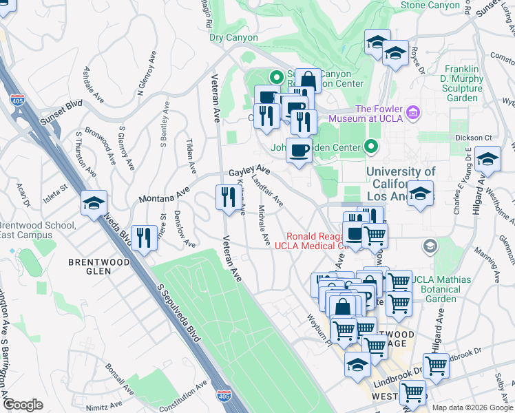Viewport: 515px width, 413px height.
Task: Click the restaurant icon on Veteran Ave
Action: [227, 198]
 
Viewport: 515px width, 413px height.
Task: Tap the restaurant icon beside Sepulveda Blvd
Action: [143, 238]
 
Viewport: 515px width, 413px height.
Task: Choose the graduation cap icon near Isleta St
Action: [94, 202]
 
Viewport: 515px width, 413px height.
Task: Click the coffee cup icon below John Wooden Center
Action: [299, 150]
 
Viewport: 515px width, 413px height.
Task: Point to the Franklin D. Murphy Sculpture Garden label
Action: [452, 83]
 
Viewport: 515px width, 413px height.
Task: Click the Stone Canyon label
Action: [430, 6]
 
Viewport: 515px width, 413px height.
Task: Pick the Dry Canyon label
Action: [234, 38]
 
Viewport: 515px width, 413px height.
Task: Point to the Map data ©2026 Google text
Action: [472, 407]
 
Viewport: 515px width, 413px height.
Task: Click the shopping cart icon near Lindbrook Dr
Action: [435, 366]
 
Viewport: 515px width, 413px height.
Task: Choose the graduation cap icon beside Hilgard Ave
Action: [487, 160]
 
